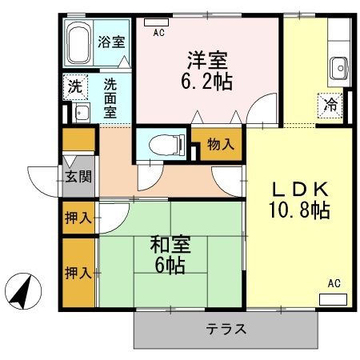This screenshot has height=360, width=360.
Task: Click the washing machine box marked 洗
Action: (74, 86)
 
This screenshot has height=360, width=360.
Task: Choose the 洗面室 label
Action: (110, 95)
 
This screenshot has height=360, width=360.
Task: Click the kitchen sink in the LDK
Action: (340, 69)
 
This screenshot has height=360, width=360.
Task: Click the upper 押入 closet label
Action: (78, 217)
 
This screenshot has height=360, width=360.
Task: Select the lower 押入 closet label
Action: (78, 272)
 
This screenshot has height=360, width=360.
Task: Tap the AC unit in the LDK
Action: (333, 298)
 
